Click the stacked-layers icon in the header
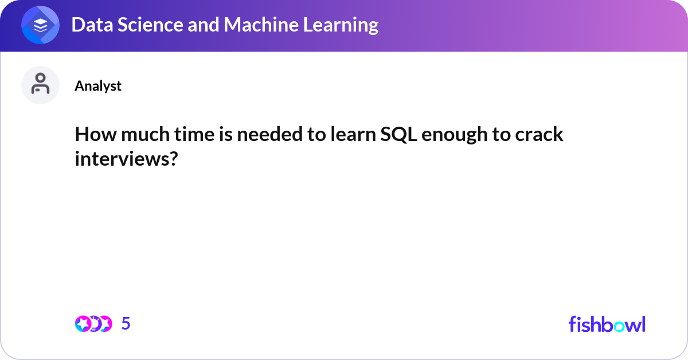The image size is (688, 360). (40, 25)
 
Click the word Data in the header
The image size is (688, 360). (92, 25)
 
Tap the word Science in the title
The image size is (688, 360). (150, 25)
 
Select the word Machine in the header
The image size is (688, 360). (261, 25)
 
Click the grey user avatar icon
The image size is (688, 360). (40, 85)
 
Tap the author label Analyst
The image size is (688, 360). (98, 86)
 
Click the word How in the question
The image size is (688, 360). (96, 134)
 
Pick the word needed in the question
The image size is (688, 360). (269, 134)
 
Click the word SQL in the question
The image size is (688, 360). (398, 135)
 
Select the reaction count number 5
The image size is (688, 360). (126, 323)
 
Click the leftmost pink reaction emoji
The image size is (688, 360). (83, 324)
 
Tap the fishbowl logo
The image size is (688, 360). (607, 324)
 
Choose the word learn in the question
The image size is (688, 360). (353, 134)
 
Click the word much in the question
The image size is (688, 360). (145, 134)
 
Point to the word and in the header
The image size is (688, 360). (204, 25)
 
